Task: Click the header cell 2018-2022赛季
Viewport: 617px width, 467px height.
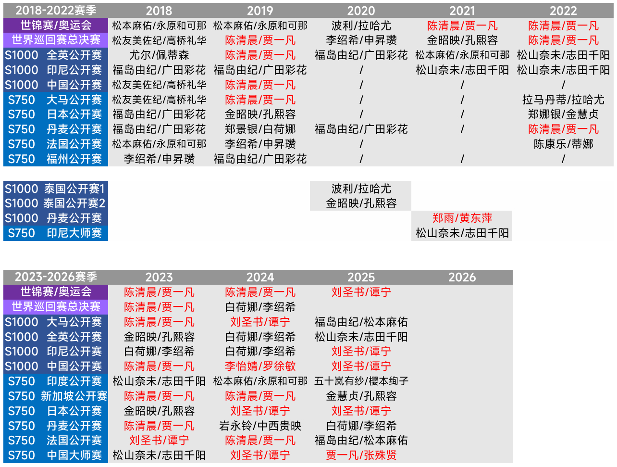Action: [56, 11]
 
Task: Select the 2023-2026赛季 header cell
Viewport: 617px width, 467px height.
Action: [56, 277]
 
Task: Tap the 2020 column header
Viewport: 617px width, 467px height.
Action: [361, 11]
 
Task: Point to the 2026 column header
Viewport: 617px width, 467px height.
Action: [462, 277]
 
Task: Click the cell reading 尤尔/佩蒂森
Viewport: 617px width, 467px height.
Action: [159, 55]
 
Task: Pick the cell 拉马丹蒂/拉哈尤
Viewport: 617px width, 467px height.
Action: [563, 100]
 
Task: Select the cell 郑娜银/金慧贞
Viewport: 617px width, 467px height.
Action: [563, 114]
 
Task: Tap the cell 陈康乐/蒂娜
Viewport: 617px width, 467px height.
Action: [563, 144]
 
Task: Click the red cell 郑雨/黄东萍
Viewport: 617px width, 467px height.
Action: [462, 218]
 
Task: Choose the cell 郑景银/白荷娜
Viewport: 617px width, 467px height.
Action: [260, 129]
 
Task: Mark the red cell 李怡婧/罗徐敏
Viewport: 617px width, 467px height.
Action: [260, 366]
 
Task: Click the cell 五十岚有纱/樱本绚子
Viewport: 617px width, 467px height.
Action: [361, 381]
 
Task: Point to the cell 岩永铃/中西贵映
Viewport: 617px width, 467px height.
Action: [260, 426]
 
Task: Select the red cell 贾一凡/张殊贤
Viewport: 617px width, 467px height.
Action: [361, 455]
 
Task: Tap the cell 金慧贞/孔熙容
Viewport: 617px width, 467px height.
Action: [361, 396]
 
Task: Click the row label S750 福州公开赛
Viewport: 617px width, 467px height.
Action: [56, 159]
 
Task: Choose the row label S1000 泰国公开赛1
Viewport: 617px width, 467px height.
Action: [56, 189]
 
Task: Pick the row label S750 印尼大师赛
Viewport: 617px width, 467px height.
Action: [56, 233]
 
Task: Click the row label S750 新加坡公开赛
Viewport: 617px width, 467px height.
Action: [56, 396]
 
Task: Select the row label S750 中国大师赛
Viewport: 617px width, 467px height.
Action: [56, 455]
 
